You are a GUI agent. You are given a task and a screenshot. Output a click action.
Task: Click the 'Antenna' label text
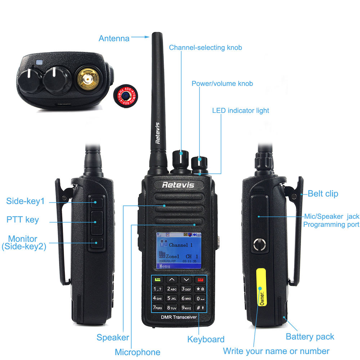(114, 38)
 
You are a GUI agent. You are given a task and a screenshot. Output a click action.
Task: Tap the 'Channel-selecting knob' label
(206, 48)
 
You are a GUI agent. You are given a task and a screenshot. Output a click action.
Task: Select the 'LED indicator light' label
(240, 111)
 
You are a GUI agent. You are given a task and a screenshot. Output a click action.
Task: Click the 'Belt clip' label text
(323, 194)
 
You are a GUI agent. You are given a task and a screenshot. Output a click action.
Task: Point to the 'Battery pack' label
(310, 337)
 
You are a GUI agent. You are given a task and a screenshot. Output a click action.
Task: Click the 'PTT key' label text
(23, 220)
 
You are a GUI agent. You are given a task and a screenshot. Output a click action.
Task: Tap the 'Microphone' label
(138, 352)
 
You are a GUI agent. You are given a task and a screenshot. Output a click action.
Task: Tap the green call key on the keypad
(158, 279)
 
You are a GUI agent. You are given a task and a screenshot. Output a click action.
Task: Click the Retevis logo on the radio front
(178, 185)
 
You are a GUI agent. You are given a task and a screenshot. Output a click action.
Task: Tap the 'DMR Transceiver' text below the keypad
(179, 317)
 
